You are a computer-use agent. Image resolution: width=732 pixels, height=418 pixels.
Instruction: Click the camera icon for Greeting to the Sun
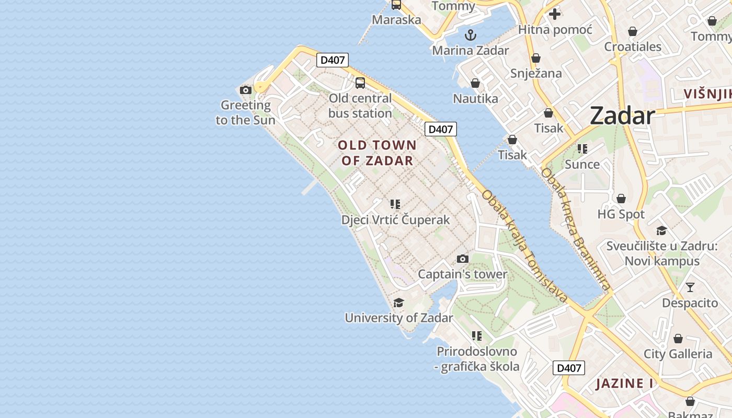pos(245,90)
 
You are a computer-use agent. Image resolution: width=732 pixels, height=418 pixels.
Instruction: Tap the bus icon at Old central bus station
pos(360,83)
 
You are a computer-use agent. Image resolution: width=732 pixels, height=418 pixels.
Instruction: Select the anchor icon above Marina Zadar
pos(471,35)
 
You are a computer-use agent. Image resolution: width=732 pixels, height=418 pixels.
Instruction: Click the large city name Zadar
pos(622,115)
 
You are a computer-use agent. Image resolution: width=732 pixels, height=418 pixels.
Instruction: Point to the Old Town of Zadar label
pos(377,153)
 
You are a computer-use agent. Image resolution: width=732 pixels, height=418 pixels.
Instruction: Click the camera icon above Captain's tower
pos(462,259)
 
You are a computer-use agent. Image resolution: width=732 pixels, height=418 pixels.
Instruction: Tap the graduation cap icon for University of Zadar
pos(398,303)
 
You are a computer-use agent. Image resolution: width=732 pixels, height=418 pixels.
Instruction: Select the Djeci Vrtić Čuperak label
pos(395,219)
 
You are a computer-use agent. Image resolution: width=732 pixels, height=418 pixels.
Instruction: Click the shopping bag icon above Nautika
pos(475,83)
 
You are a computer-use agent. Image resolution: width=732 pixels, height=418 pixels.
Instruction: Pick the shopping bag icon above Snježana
pos(536,58)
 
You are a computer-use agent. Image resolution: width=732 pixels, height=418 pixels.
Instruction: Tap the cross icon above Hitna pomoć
pos(555,14)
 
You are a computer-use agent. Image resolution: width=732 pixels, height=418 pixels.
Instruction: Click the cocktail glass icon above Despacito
pos(690,287)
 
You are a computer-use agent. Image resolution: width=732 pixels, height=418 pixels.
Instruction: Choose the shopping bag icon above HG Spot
pos(621,199)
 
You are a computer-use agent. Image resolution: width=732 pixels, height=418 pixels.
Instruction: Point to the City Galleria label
pos(678,354)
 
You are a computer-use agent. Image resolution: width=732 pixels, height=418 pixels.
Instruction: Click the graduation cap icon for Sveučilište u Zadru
pos(661,230)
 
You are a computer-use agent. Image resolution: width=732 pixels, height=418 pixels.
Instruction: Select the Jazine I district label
pos(624,384)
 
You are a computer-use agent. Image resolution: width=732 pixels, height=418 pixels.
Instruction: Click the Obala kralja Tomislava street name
pos(524,246)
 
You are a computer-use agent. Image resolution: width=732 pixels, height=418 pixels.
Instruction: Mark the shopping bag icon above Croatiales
pos(633,31)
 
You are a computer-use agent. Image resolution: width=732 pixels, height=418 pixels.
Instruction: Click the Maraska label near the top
pos(396,20)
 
